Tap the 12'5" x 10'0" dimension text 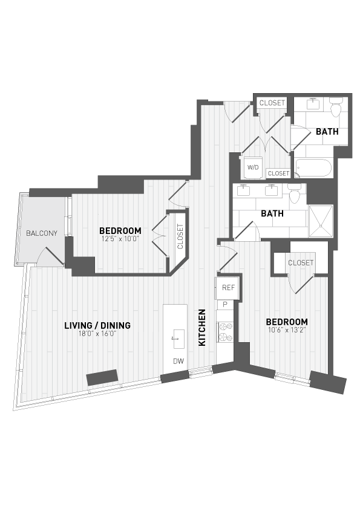click(120, 239)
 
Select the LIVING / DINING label click(97, 326)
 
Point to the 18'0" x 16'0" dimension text click(97, 334)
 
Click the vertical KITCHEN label click(203, 328)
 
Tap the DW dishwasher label click(177, 361)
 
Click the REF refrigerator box click(227, 288)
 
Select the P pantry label click(224, 305)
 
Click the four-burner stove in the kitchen click(225, 331)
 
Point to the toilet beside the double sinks click(296, 194)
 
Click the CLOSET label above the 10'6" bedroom click(301, 262)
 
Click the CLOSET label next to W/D click(279, 173)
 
